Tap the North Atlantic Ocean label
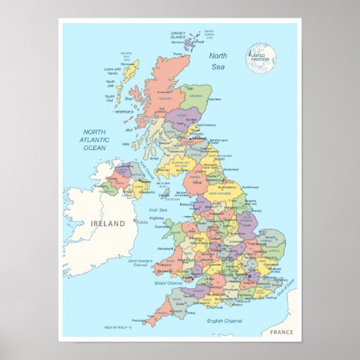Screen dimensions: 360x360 (x=94, y=139)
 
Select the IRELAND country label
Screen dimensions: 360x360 (x=109, y=223)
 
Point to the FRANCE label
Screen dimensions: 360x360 (x=281, y=331)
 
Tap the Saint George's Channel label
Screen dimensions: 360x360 (x=141, y=262)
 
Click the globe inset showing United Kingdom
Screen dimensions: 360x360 (x=262, y=58)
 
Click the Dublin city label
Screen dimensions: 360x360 (x=143, y=221)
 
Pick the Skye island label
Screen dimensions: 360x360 (x=128, y=98)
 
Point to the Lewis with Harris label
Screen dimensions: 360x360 (x=112, y=69)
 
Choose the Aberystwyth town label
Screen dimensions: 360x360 (x=164, y=249)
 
